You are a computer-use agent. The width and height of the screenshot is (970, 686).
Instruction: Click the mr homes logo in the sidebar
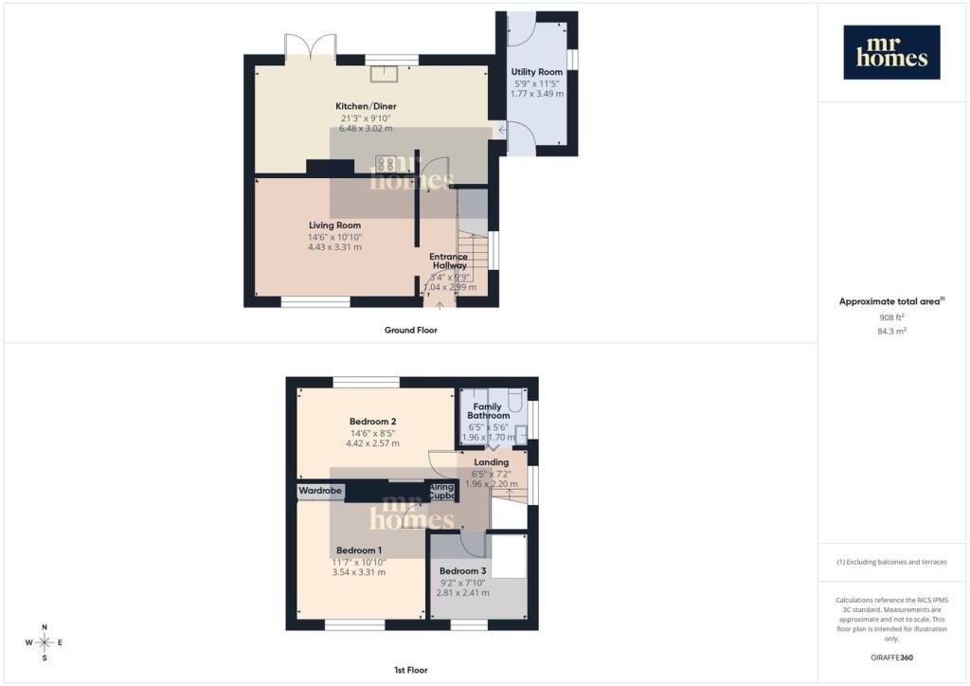point(891,52)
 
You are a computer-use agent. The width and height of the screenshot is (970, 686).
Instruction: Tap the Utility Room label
point(537,72)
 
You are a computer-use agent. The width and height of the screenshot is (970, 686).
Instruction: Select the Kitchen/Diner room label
point(365,105)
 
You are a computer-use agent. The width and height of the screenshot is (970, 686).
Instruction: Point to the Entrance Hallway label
point(448,261)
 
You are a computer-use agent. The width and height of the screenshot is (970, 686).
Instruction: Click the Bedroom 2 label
point(372,421)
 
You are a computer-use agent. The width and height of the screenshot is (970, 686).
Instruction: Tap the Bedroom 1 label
point(359,550)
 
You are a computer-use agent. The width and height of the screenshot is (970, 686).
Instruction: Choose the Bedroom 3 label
point(462,570)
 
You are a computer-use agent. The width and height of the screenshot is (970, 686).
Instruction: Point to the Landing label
point(492,461)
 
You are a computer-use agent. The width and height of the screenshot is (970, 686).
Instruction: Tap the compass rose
point(45,642)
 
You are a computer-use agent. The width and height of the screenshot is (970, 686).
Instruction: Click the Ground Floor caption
point(410,330)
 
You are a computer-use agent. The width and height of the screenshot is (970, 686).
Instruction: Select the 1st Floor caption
point(410,670)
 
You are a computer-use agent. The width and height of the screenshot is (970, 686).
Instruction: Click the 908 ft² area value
point(891,317)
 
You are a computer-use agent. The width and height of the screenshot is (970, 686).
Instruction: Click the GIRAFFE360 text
point(891,657)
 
